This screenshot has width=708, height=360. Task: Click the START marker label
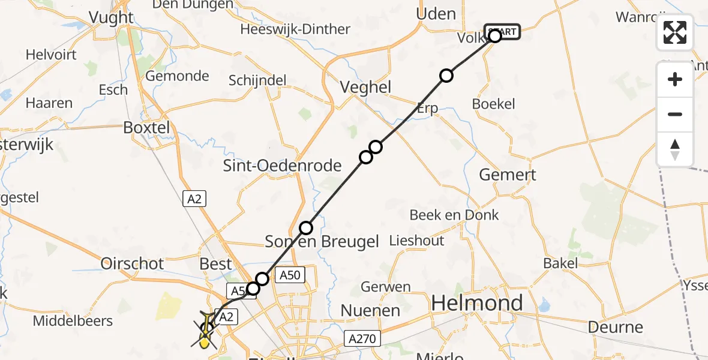click(502, 32)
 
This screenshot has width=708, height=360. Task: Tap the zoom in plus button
click(675, 80)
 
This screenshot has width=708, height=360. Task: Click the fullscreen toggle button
click(675, 32)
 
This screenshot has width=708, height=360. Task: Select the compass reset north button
click(675, 149)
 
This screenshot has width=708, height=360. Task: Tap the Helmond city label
click(477, 303)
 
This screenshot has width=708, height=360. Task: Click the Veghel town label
click(365, 87)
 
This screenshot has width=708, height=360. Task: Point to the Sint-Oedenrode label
click(282, 166)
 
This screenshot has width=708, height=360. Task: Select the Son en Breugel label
click(322, 241)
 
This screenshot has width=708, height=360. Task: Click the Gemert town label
click(508, 175)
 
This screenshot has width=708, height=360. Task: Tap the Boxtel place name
click(146, 127)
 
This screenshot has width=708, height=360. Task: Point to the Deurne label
click(616, 327)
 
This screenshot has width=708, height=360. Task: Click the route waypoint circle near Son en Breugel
click(306, 228)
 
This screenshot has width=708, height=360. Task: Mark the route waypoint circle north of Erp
click(446, 75)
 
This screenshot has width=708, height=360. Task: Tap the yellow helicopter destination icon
click(206, 329)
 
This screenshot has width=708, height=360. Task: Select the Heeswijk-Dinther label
click(295, 29)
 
